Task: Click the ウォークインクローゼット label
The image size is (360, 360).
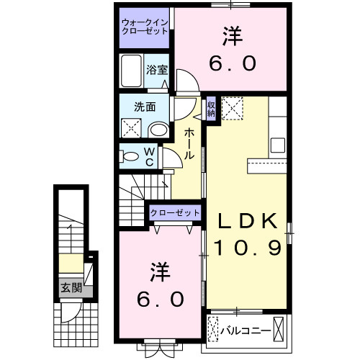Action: [145, 27]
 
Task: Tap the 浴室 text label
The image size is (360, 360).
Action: [157, 70]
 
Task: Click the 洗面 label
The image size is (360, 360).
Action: [145, 107]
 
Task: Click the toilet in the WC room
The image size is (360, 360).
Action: [131, 156]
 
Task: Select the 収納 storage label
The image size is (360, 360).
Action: [211, 109]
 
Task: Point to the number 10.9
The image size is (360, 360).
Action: [246, 250]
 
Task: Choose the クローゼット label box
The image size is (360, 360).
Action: [175, 212]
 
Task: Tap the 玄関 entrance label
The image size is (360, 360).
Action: [70, 289]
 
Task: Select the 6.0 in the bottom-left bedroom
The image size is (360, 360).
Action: [161, 297]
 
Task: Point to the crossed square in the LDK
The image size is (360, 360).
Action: [233, 109]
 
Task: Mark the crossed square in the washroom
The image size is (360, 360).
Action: [132, 129]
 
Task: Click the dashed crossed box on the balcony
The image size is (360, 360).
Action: [212, 332]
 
